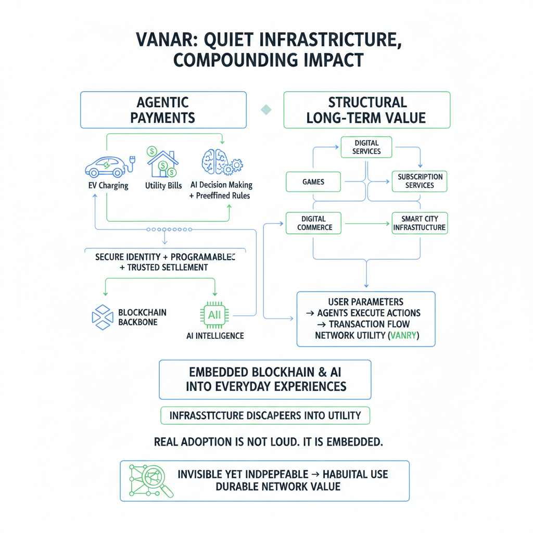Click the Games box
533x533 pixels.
(313, 182)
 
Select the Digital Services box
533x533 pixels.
(367, 147)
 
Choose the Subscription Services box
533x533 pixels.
(420, 181)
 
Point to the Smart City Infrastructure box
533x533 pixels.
(419, 223)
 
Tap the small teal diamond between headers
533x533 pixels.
(266, 109)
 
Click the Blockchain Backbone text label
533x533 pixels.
(143, 318)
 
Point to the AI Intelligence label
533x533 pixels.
(214, 336)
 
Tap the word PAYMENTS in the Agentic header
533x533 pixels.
(162, 118)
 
